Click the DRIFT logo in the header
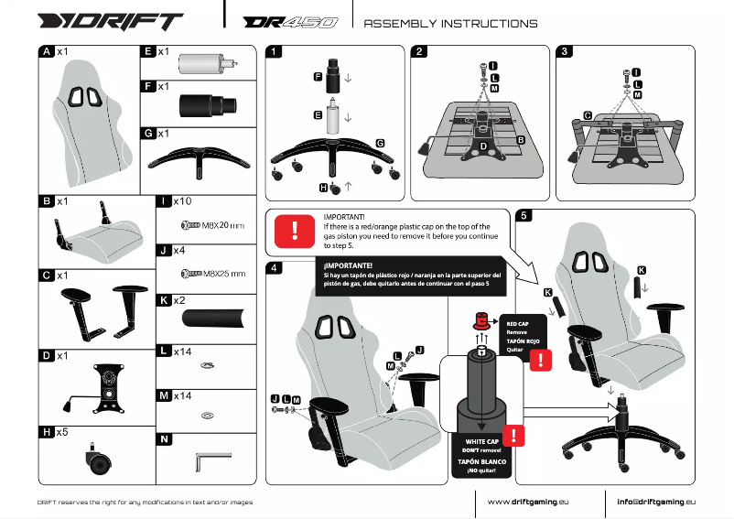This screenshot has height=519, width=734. pyautogui.click(x=111, y=21)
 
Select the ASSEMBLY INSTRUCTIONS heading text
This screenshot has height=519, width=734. pyautogui.click(x=450, y=23)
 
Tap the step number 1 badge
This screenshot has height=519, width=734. pyautogui.click(x=275, y=52)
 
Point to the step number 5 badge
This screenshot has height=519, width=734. pyautogui.click(x=523, y=217)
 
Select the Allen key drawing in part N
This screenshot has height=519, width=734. pyautogui.click(x=210, y=460)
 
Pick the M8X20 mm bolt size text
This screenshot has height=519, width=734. pyautogui.click(x=223, y=224)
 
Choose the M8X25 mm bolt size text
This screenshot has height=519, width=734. pyautogui.click(x=224, y=273)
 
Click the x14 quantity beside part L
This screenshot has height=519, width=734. pyautogui.click(x=184, y=351)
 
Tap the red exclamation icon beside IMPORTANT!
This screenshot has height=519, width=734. pyautogui.click(x=295, y=230)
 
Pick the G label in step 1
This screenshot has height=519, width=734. pyautogui.click(x=379, y=143)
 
